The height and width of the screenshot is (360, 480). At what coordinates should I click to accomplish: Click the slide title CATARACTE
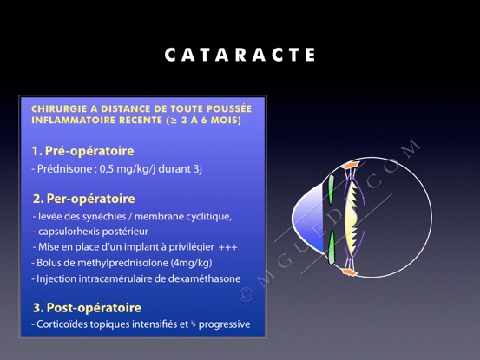240,55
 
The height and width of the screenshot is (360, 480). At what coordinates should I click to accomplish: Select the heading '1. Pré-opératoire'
83,151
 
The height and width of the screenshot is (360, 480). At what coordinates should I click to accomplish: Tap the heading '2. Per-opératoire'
83,199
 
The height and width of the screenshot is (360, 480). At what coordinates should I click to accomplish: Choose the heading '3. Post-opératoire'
87,308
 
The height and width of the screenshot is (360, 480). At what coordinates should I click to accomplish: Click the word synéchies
104,217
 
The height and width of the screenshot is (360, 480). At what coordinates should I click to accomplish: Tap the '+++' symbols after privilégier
228,247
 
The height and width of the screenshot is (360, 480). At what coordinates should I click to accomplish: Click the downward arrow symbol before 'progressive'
194,324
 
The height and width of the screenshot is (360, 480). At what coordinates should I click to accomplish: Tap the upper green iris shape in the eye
331,190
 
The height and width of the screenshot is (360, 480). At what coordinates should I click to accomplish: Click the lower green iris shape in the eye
332,247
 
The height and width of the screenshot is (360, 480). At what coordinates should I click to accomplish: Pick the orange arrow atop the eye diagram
351,164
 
